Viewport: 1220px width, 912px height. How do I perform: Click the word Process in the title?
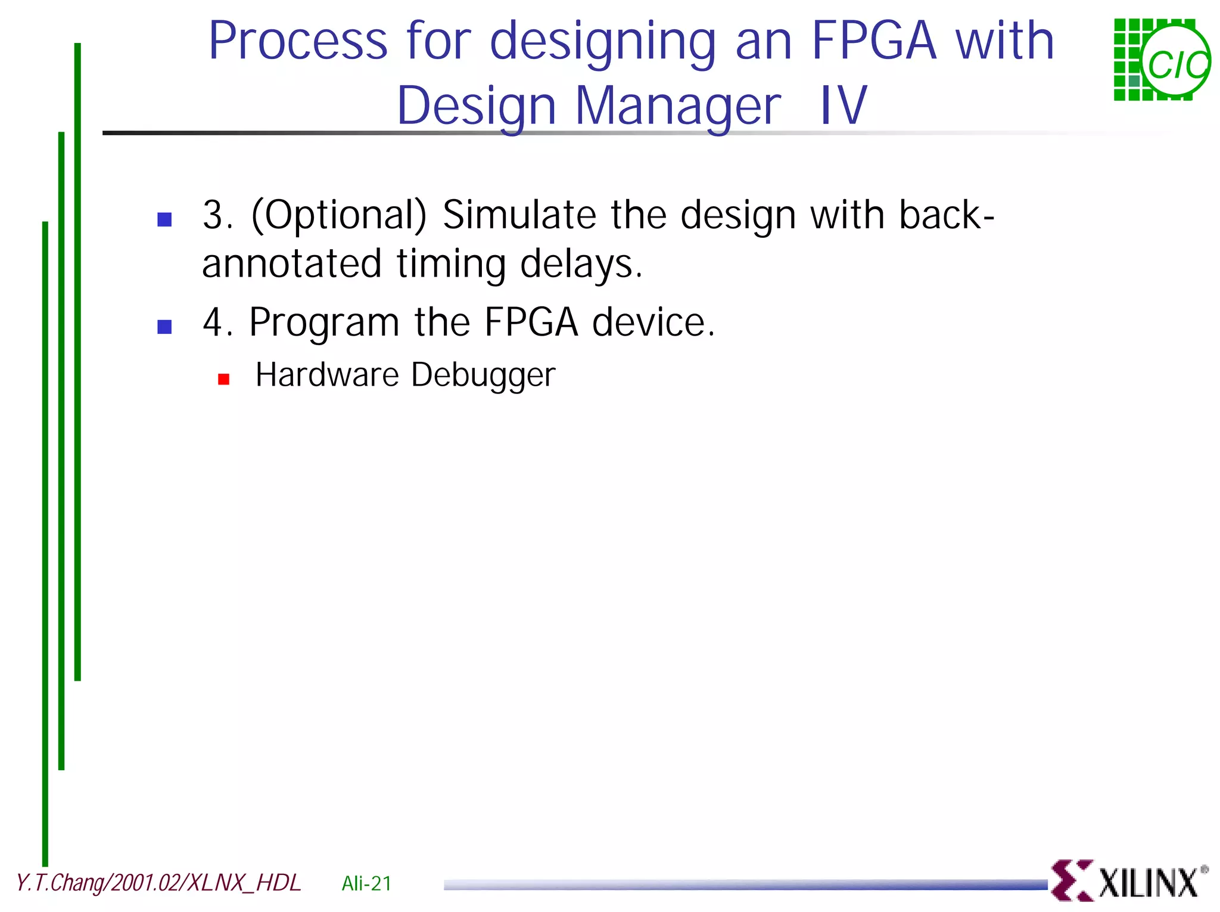coord(298,42)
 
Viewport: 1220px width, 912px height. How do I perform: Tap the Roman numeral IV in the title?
coord(843,106)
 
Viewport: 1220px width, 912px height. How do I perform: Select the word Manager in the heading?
coord(678,106)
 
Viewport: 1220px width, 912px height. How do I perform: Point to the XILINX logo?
coord(1129,881)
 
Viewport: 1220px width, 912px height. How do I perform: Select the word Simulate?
coord(519,215)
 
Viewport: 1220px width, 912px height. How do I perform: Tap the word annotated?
coord(291,264)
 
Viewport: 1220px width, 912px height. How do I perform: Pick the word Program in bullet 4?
coord(323,322)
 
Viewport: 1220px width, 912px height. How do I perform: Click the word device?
coord(653,322)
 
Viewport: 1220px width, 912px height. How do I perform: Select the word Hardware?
coord(326,375)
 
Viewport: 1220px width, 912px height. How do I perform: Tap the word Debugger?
coord(483,376)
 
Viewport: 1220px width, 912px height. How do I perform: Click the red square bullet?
coord(224,379)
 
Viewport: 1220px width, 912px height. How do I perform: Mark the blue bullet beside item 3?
coord(164,220)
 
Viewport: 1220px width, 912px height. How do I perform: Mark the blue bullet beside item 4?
coord(164,327)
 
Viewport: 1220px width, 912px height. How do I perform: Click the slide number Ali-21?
coord(366,883)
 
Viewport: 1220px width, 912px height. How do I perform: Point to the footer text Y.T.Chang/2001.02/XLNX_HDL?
coord(158,883)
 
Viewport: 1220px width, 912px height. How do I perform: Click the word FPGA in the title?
coord(874,42)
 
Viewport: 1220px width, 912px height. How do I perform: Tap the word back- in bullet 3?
coord(946,215)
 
